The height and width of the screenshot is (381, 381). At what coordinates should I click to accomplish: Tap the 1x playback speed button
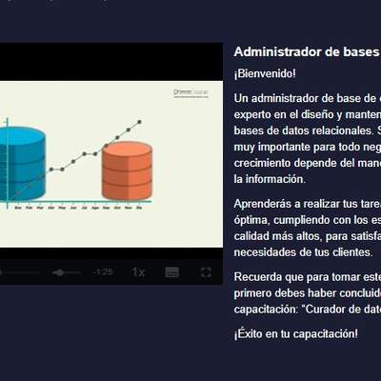click(138, 271)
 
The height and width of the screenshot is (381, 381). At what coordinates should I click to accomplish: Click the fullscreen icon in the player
click(206, 271)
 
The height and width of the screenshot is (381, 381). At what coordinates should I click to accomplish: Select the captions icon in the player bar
click(172, 271)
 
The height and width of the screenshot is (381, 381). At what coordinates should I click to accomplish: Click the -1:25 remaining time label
click(103, 272)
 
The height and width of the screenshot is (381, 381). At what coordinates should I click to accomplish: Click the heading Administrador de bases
click(306, 51)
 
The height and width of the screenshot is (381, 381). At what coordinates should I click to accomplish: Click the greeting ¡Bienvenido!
click(265, 73)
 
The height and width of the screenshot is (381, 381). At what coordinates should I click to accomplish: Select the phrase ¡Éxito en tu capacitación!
click(296, 333)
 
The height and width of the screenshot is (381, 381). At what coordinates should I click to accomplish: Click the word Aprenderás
click(263, 203)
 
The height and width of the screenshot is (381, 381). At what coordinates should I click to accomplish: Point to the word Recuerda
click(258, 276)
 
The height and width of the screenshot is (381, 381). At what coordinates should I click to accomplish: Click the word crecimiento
click(266, 162)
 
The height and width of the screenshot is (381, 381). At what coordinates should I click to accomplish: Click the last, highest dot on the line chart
click(140, 122)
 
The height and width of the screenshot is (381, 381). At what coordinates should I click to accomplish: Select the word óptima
click(251, 219)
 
